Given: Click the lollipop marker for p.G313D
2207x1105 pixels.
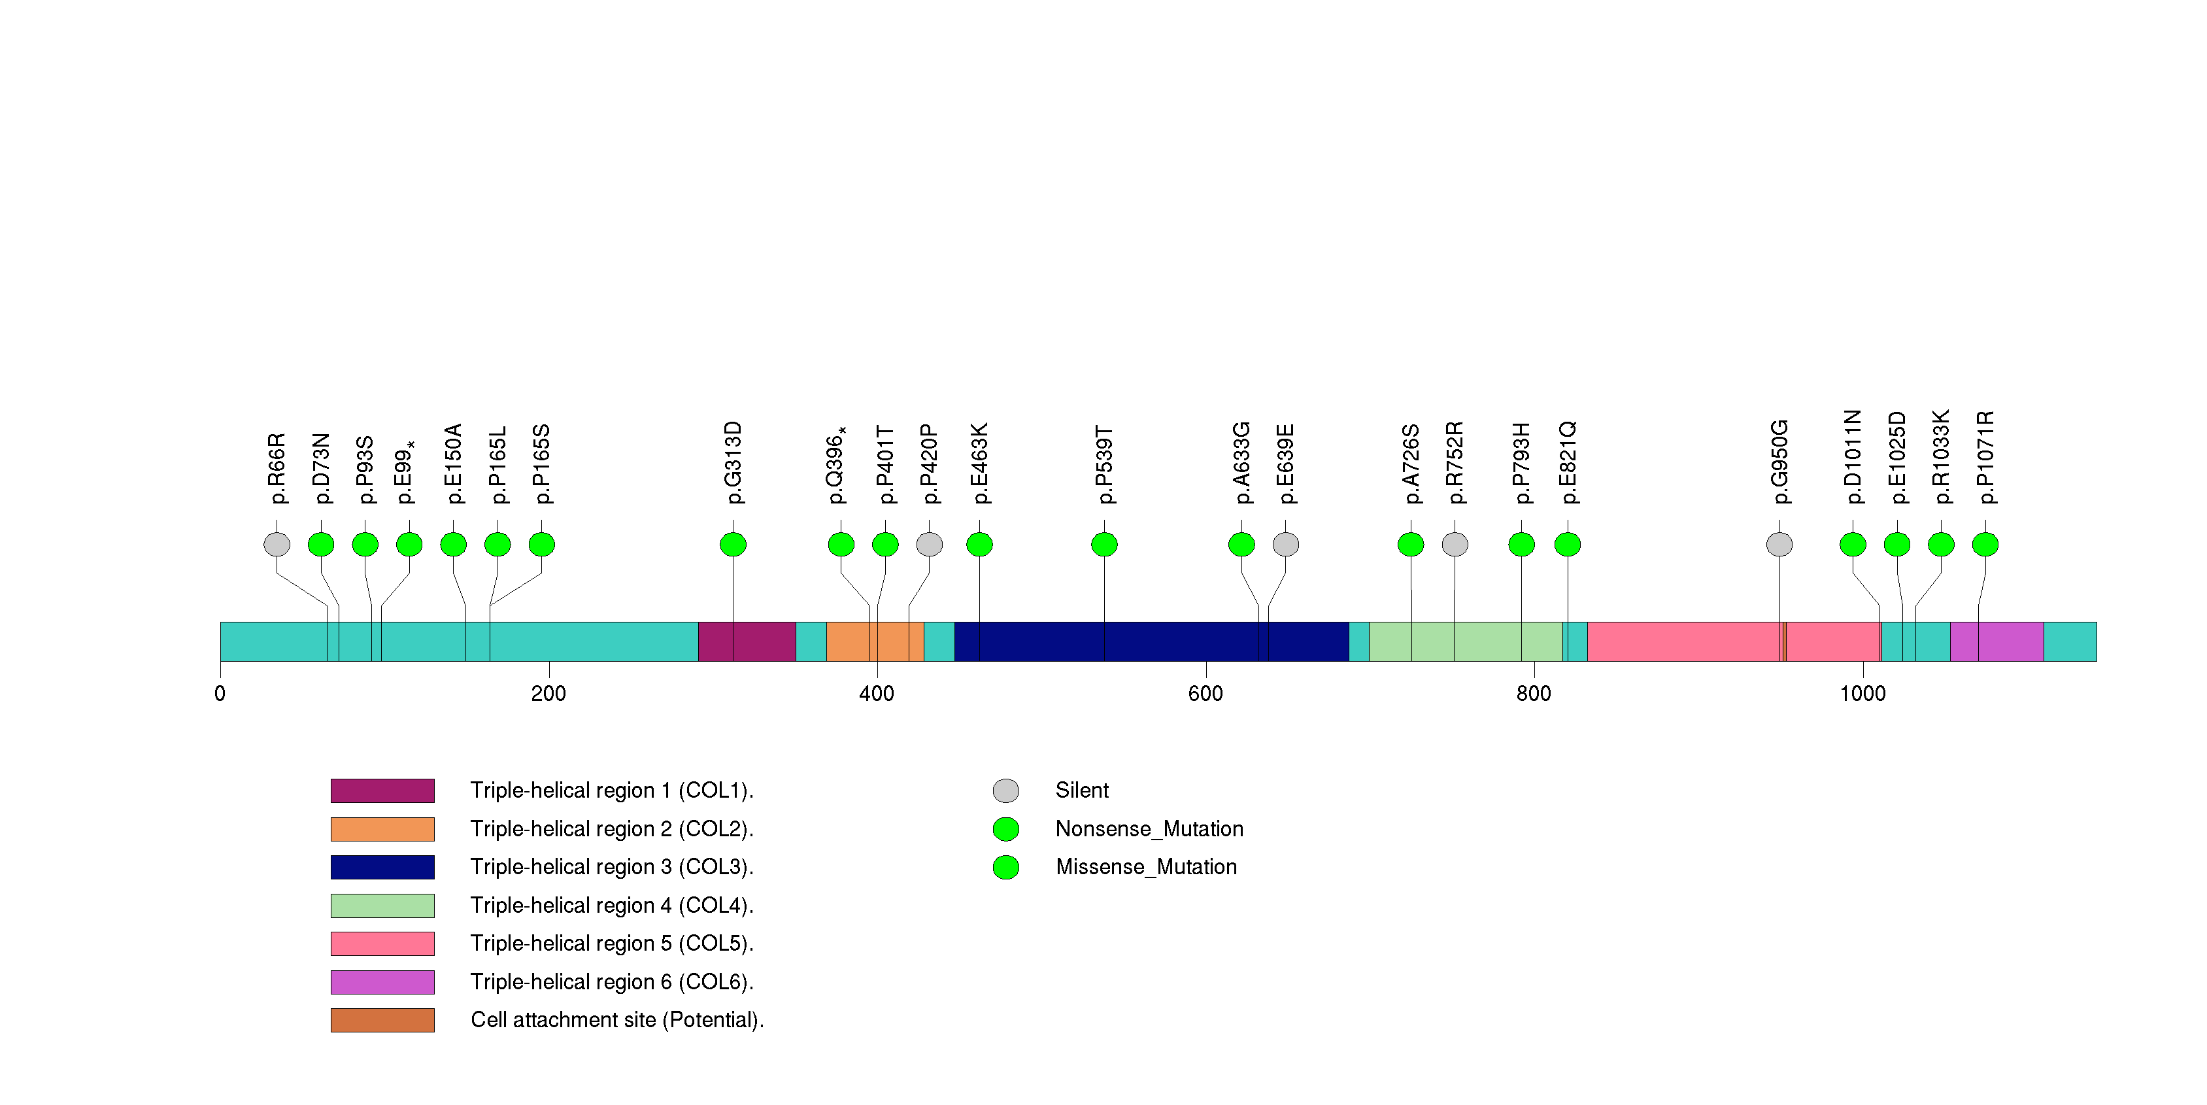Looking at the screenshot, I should coord(733,544).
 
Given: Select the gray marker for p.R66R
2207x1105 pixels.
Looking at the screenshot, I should coord(277,544).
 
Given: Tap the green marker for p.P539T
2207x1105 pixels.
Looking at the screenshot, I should coord(1104,544).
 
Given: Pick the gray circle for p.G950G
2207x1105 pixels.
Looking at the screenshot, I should coord(1779,544).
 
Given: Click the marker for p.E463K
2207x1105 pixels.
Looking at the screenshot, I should coord(979,544).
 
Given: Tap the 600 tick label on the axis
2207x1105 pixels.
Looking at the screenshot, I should coord(1205,694).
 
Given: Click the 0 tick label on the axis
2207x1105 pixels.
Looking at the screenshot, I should coord(220,694).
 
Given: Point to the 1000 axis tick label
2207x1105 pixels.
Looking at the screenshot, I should coord(1862,694).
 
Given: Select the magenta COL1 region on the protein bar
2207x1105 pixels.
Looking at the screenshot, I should coord(746,641).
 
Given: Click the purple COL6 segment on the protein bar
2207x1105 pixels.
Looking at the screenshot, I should coord(1996,641).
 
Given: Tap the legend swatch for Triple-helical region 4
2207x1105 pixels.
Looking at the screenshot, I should coord(382,906).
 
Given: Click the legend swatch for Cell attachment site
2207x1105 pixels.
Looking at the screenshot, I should coord(382,1020).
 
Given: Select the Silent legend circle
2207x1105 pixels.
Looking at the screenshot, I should coord(1006,790).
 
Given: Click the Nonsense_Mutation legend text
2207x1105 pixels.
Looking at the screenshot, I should coord(1149,829).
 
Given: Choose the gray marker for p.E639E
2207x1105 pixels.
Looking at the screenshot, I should coord(1285,544).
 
